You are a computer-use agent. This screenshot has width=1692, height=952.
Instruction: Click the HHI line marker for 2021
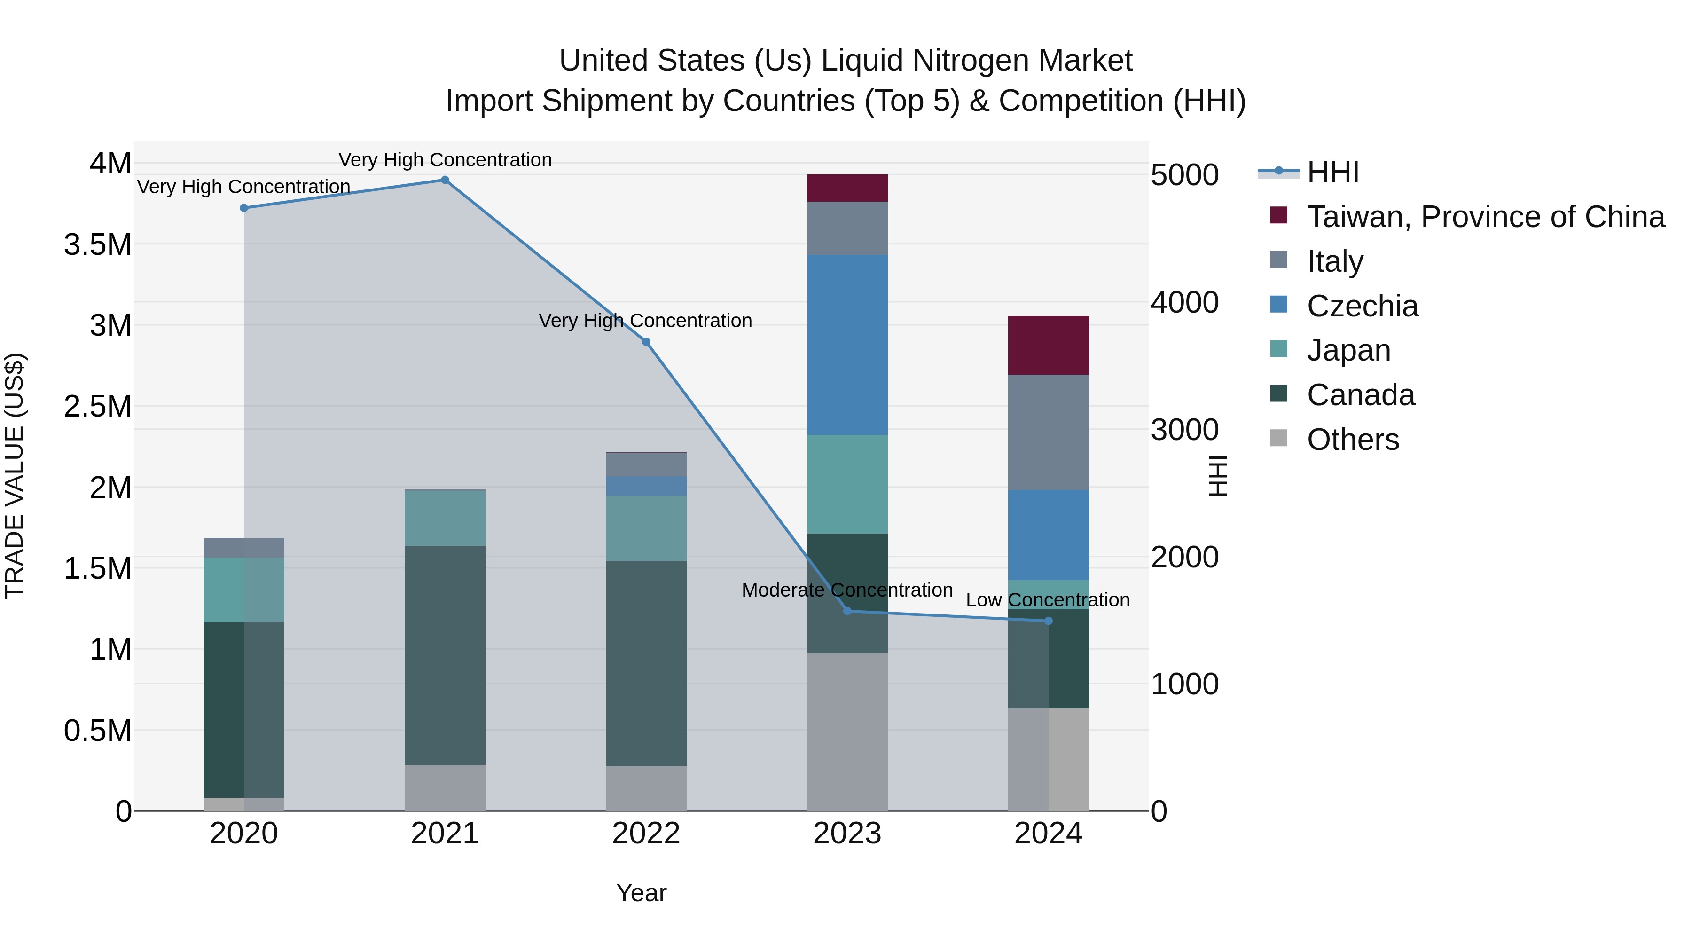tap(445, 180)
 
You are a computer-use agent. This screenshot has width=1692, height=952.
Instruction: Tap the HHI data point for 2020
tap(243, 208)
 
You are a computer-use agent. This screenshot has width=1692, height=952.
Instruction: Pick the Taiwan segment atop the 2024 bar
tap(1048, 345)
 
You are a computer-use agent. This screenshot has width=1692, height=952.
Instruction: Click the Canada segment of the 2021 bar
tap(445, 655)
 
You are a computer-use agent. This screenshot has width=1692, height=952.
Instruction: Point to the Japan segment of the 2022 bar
tap(646, 528)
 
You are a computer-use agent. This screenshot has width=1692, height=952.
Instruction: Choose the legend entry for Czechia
tap(1362, 306)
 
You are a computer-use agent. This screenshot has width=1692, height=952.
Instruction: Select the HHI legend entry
tap(1332, 172)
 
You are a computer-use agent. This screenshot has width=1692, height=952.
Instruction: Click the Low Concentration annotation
tap(1048, 600)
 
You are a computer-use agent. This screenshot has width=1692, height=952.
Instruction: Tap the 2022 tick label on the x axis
tap(646, 834)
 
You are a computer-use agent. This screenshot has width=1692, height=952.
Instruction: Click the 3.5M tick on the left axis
tap(98, 244)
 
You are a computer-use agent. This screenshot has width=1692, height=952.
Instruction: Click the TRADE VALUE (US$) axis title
tap(15, 476)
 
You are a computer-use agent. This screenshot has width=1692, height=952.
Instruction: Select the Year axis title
tap(641, 893)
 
